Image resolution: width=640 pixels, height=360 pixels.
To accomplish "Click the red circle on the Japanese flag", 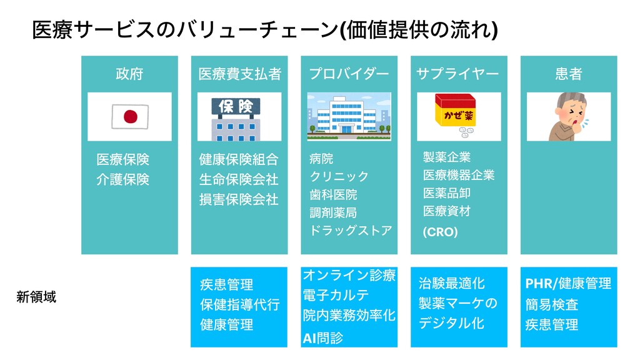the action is tap(130, 116).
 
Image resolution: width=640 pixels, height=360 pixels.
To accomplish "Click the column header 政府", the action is tap(129, 74).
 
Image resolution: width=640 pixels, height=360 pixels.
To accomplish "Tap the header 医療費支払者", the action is tap(239, 74).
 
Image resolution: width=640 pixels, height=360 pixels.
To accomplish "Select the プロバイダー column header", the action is tap(349, 74).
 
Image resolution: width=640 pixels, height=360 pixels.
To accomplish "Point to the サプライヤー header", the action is tap(458, 74).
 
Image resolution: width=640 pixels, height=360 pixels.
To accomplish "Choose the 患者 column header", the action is tap(568, 74).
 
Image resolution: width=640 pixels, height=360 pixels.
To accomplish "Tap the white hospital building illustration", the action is tap(349, 117).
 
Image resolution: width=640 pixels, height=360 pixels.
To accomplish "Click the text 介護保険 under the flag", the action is tap(123, 179).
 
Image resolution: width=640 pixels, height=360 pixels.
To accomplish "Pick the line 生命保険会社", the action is tap(239, 179).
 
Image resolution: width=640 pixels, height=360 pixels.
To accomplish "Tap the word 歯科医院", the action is tap(334, 194).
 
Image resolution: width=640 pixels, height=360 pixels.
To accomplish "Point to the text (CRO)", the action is tap(441, 232).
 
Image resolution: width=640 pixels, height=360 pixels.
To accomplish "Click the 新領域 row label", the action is tap(36, 297).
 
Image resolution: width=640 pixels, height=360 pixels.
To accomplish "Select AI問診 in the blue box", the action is tap(323, 338).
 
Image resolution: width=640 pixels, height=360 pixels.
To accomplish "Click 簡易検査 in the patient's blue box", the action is tap(552, 304).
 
